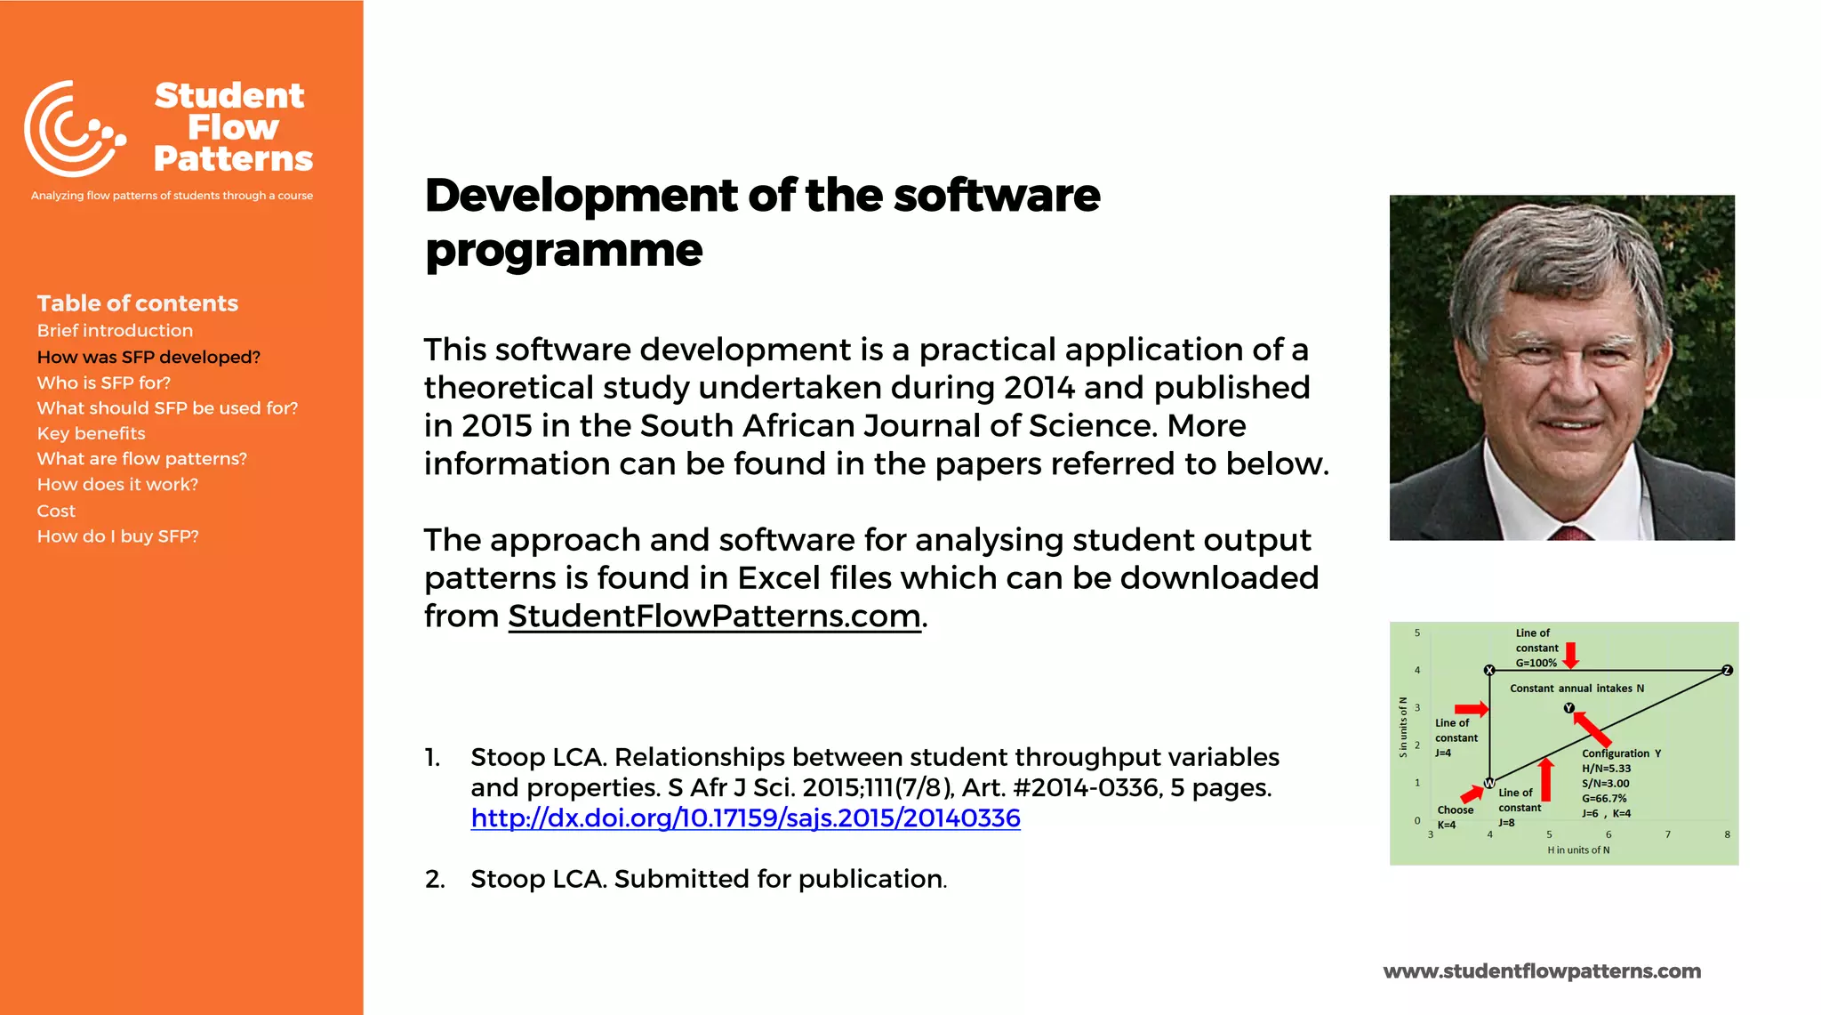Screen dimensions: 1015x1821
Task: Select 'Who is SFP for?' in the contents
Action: tap(104, 383)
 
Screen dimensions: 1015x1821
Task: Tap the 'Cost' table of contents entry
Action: tap(56, 511)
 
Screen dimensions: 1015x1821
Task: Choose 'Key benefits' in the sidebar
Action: tap(91, 433)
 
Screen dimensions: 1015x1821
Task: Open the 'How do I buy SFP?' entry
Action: tap(117, 536)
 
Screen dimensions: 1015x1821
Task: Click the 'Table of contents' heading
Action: tap(138, 303)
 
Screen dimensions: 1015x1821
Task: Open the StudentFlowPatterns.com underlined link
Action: tap(714, 616)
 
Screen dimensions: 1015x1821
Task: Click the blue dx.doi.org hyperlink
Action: tap(745, 818)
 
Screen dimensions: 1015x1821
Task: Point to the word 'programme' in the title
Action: tap(564, 250)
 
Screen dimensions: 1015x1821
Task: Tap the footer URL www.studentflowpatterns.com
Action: tap(1542, 971)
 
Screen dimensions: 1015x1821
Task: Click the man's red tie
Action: tap(1570, 534)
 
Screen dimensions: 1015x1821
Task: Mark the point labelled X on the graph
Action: tap(1489, 670)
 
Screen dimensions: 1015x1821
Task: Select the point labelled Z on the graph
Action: tap(1727, 670)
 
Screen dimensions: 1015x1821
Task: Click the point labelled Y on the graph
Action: tap(1569, 708)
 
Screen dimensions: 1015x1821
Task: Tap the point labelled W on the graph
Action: tap(1489, 784)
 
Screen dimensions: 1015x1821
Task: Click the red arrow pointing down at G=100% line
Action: tap(1571, 655)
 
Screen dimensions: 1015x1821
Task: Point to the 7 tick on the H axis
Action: tap(1668, 834)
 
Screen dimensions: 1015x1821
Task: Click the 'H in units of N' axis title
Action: tap(1578, 850)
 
